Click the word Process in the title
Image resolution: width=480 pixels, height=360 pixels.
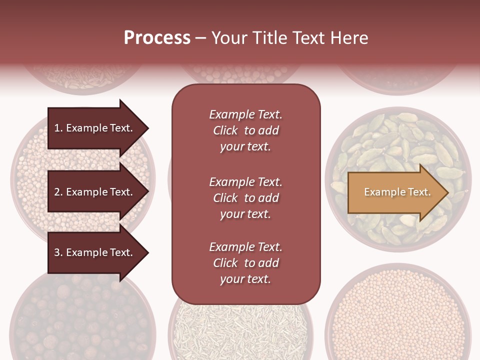pyautogui.click(x=157, y=38)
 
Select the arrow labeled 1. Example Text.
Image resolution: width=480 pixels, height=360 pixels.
pyautogui.click(x=95, y=128)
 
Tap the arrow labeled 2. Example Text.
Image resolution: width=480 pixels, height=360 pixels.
pyautogui.click(x=95, y=192)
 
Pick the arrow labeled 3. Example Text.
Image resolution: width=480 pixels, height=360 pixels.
pyautogui.click(x=95, y=252)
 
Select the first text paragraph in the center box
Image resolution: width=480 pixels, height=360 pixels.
pyautogui.click(x=245, y=130)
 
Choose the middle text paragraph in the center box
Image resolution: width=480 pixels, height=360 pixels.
pyautogui.click(x=245, y=198)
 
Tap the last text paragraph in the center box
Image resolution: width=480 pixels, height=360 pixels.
pyautogui.click(x=245, y=263)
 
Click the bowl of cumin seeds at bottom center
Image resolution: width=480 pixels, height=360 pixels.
pyautogui.click(x=240, y=330)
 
